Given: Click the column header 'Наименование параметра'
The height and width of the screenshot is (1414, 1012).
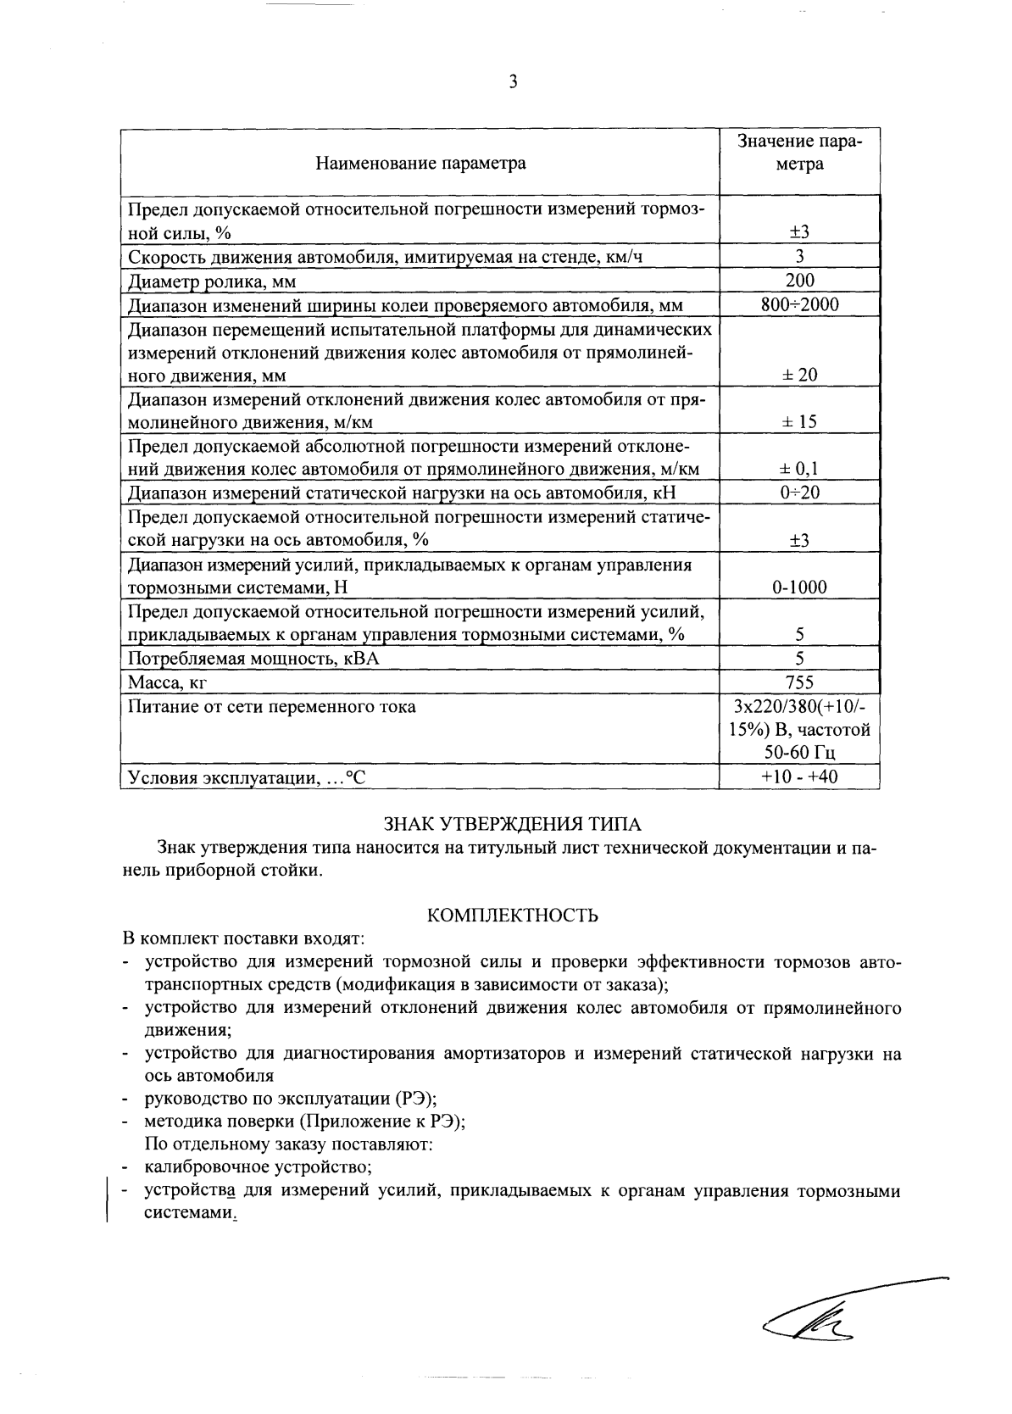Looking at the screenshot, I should (x=420, y=163).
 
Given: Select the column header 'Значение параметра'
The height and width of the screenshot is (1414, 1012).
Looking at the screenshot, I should (x=799, y=153).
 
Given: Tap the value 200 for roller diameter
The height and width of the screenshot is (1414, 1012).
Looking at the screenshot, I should (x=799, y=281).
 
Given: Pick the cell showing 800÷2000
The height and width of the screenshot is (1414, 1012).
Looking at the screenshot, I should (x=799, y=304).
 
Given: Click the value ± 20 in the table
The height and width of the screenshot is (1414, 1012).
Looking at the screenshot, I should (x=799, y=375).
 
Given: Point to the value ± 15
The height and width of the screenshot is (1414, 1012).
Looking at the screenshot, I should (x=799, y=421).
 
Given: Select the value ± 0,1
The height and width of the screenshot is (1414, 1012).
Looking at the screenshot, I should (x=799, y=469).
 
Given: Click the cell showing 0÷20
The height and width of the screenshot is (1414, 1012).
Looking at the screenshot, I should (x=799, y=493).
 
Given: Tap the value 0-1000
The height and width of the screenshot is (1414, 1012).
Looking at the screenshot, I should (x=799, y=587).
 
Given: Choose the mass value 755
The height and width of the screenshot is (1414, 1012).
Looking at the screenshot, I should (x=799, y=682).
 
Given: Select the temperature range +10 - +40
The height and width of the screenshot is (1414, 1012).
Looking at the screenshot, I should (x=799, y=776).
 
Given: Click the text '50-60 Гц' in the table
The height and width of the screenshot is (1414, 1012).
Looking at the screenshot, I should (x=799, y=752).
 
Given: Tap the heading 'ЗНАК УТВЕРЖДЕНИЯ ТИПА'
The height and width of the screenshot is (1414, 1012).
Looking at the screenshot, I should (x=512, y=823).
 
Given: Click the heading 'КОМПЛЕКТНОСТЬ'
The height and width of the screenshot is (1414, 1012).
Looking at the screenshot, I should (x=512, y=916).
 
